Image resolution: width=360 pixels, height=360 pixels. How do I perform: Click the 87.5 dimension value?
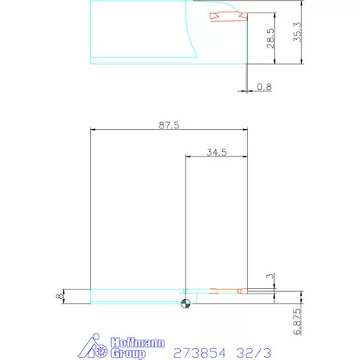point(169,124)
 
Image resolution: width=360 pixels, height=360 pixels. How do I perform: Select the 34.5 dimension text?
point(217,153)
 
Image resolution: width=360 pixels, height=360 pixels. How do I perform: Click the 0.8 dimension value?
point(265,87)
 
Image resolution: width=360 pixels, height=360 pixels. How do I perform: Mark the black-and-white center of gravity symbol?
point(185,305)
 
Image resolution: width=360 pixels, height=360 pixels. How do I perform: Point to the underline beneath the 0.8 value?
point(265,92)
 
